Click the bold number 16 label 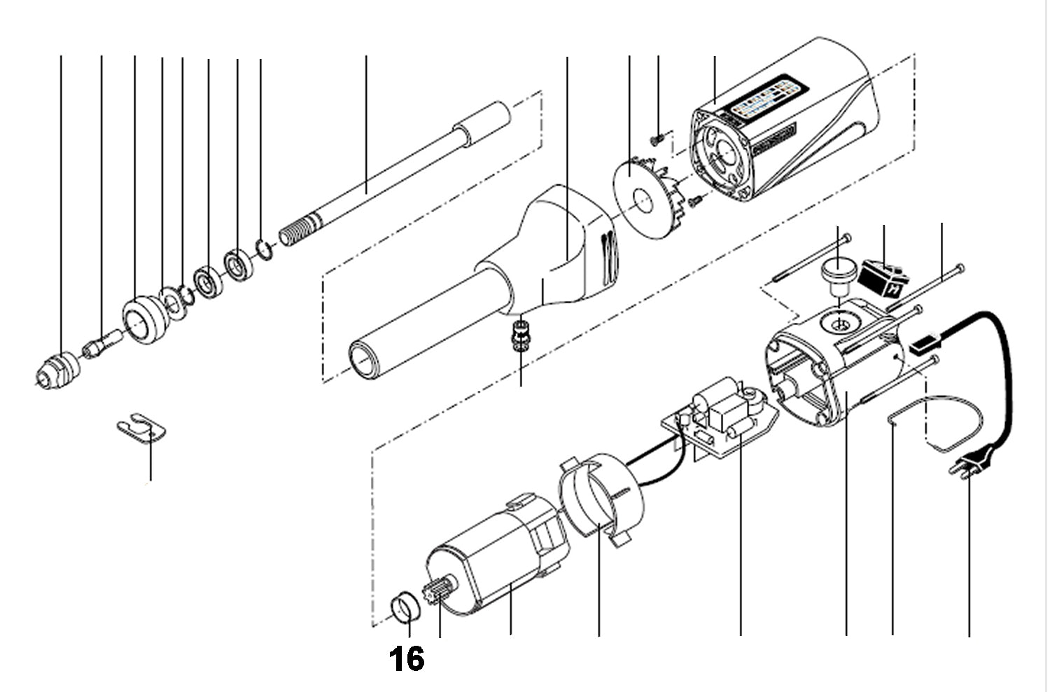point(407,658)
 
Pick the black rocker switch point(883,277)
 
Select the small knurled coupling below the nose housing point(520,334)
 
